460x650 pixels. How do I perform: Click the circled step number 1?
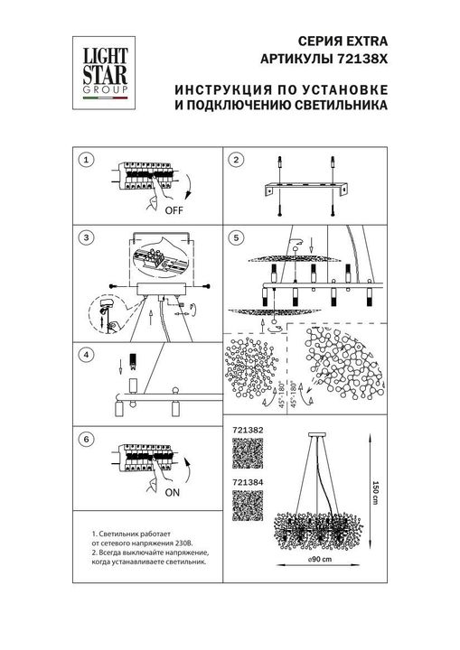click(86, 160)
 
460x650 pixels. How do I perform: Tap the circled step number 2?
click(237, 160)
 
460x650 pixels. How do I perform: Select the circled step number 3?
click(86, 238)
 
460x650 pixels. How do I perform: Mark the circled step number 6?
click(86, 439)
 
